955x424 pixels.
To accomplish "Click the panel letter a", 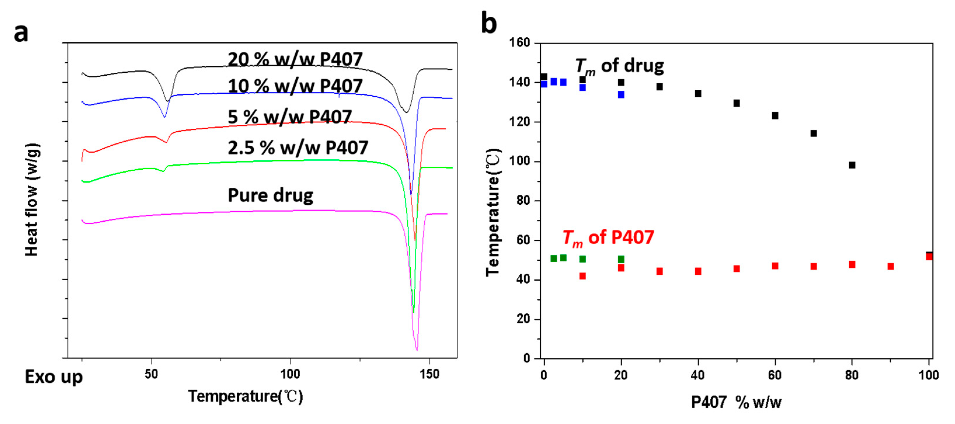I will click(21, 33).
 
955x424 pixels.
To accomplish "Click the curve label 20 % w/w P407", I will click(295, 59).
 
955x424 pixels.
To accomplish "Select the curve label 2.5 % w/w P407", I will click(297, 148).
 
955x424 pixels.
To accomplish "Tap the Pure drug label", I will click(270, 195).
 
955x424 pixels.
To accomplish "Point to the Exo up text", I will click(53, 377).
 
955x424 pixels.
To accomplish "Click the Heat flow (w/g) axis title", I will click(32, 199).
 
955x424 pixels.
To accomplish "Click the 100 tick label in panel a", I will click(290, 374).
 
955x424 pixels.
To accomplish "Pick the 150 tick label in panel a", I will click(429, 374).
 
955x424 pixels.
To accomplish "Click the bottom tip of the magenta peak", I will click(417, 349).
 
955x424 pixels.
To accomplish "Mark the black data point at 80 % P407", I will click(852, 165).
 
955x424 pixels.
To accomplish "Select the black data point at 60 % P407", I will click(775, 116).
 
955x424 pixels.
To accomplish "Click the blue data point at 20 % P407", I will click(621, 95).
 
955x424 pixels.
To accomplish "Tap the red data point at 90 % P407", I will click(890, 266).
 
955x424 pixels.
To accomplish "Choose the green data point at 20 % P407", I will click(621, 259).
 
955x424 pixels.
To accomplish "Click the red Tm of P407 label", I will click(608, 237).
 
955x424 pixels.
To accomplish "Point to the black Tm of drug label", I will click(619, 66).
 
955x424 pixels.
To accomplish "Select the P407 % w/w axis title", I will click(736, 402).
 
